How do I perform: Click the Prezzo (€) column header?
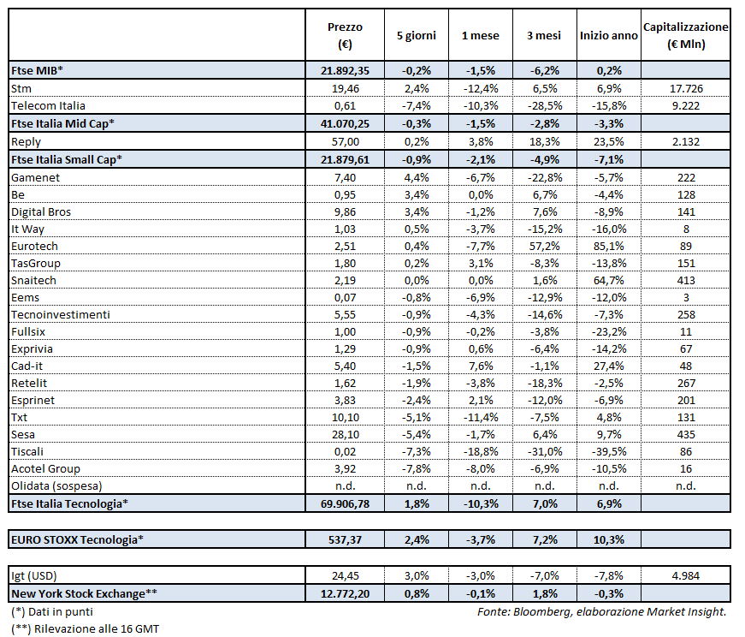pyautogui.click(x=346, y=35)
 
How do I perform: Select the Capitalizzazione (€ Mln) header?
pyautogui.click(x=685, y=35)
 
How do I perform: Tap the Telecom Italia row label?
pyautogui.click(x=48, y=105)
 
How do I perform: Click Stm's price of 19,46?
pyautogui.click(x=346, y=88)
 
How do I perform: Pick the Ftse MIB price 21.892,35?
pyautogui.click(x=346, y=71)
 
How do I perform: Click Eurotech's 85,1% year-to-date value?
pyautogui.click(x=607, y=246)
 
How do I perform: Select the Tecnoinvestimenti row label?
pyautogui.click(x=61, y=314)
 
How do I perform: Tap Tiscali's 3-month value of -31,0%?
pyautogui.click(x=544, y=451)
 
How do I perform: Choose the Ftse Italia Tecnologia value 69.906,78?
pyautogui.click(x=346, y=503)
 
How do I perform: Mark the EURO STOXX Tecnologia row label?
pyautogui.click(x=76, y=539)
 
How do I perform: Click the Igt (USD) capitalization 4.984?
pyautogui.click(x=685, y=575)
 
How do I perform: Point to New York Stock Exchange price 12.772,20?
pyautogui.click(x=346, y=592)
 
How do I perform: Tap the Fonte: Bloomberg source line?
pyautogui.click(x=601, y=611)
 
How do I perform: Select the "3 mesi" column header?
pyautogui.click(x=544, y=35)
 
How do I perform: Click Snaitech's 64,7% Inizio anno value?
pyautogui.click(x=607, y=280)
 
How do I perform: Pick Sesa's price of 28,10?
pyautogui.click(x=346, y=434)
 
